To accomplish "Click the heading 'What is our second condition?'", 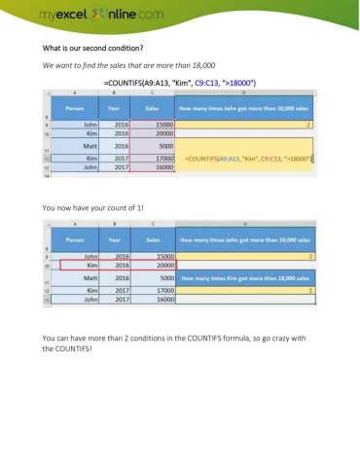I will tap(92, 48).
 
